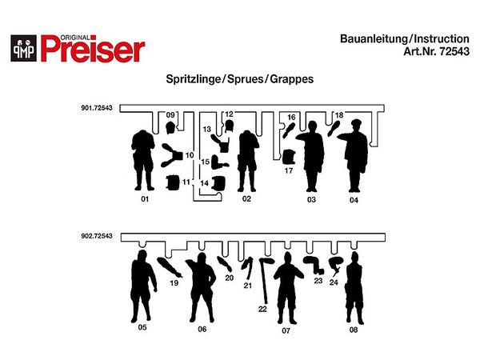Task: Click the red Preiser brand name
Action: (93, 49)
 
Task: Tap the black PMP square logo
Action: (23, 48)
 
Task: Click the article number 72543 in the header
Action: (454, 51)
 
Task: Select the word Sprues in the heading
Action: (246, 79)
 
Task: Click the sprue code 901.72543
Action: (97, 108)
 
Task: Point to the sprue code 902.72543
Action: (97, 236)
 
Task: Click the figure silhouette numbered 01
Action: (143, 160)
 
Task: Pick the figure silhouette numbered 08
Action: (354, 288)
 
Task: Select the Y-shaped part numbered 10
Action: (172, 155)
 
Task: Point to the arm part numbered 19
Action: (170, 267)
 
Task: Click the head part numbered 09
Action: (170, 128)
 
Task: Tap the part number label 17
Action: (289, 170)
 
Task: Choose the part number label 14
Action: (205, 183)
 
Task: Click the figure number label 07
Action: (286, 330)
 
